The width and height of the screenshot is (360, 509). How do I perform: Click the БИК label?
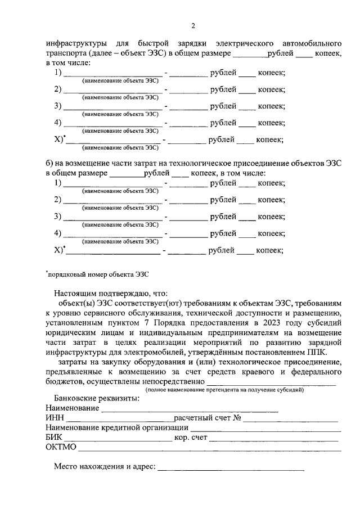pyautogui.click(x=55, y=438)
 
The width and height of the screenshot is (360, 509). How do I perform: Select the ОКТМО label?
pyautogui.click(x=61, y=448)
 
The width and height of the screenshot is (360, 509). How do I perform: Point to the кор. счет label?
pyautogui.click(x=191, y=438)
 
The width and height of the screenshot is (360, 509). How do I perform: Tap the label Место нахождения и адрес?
pyautogui.click(x=104, y=467)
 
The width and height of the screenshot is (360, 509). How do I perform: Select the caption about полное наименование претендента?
pyautogui.click(x=224, y=389)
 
